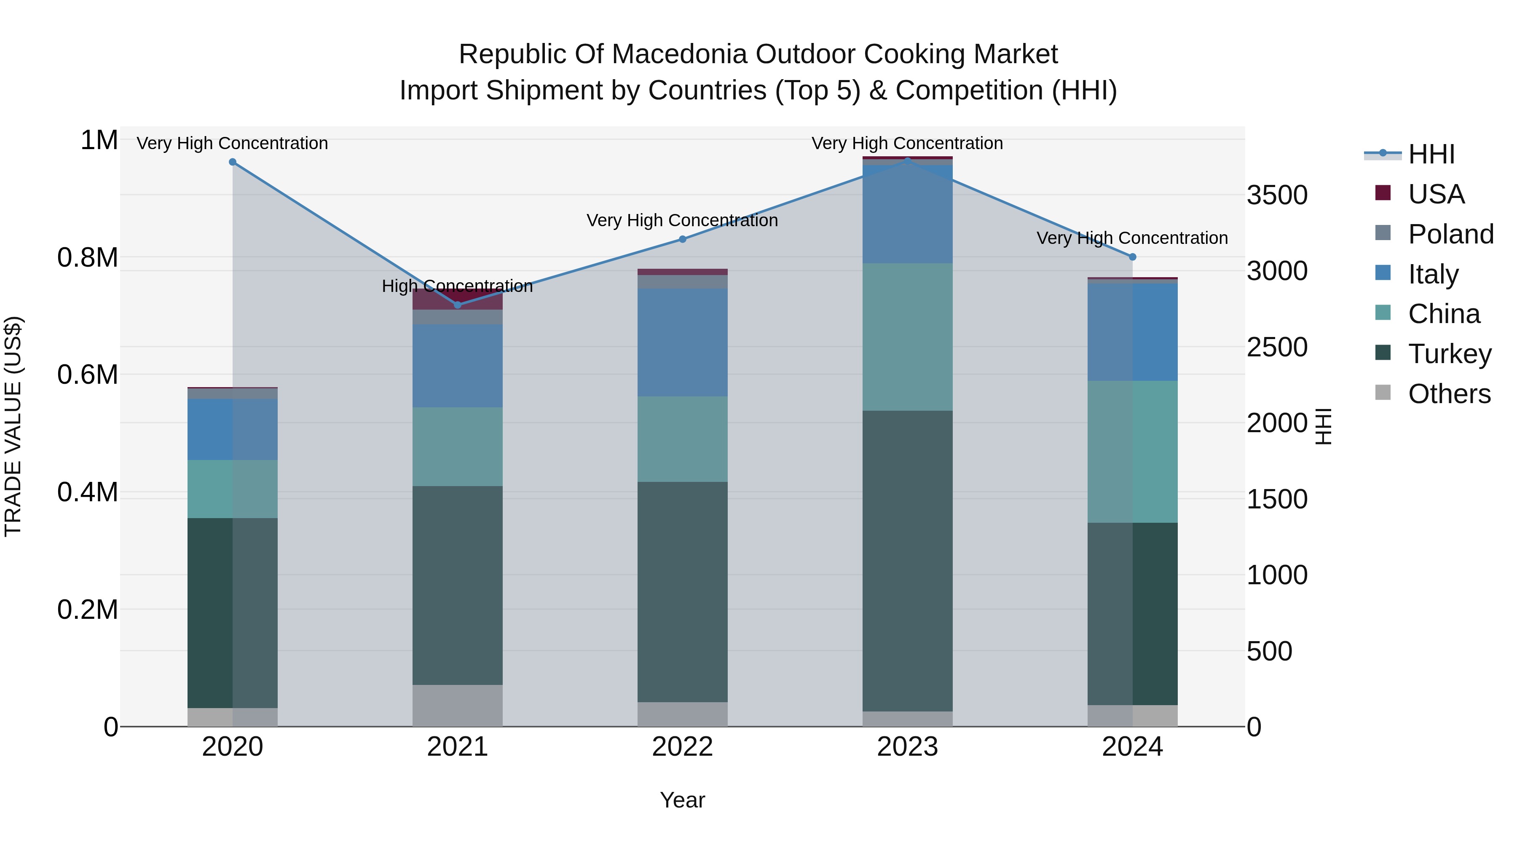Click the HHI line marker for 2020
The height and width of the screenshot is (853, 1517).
233,162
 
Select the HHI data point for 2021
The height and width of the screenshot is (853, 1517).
458,305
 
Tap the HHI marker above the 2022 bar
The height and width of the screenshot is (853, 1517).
683,239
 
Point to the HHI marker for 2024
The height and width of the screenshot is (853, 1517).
1132,257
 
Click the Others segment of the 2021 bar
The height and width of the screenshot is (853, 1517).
458,705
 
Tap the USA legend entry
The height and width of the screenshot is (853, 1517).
1436,194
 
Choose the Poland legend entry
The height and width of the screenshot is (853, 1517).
1450,234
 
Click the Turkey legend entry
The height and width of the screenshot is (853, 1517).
1449,354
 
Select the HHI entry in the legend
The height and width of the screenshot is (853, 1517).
1431,154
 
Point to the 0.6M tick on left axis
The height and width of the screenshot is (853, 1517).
88,374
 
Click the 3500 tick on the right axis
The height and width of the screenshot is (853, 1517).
1277,195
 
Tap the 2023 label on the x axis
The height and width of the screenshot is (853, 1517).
908,747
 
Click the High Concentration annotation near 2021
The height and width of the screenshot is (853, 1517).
458,286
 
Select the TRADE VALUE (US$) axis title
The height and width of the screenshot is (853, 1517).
13,426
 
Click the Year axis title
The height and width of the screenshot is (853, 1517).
683,800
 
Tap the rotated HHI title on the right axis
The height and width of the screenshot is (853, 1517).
1323,426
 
